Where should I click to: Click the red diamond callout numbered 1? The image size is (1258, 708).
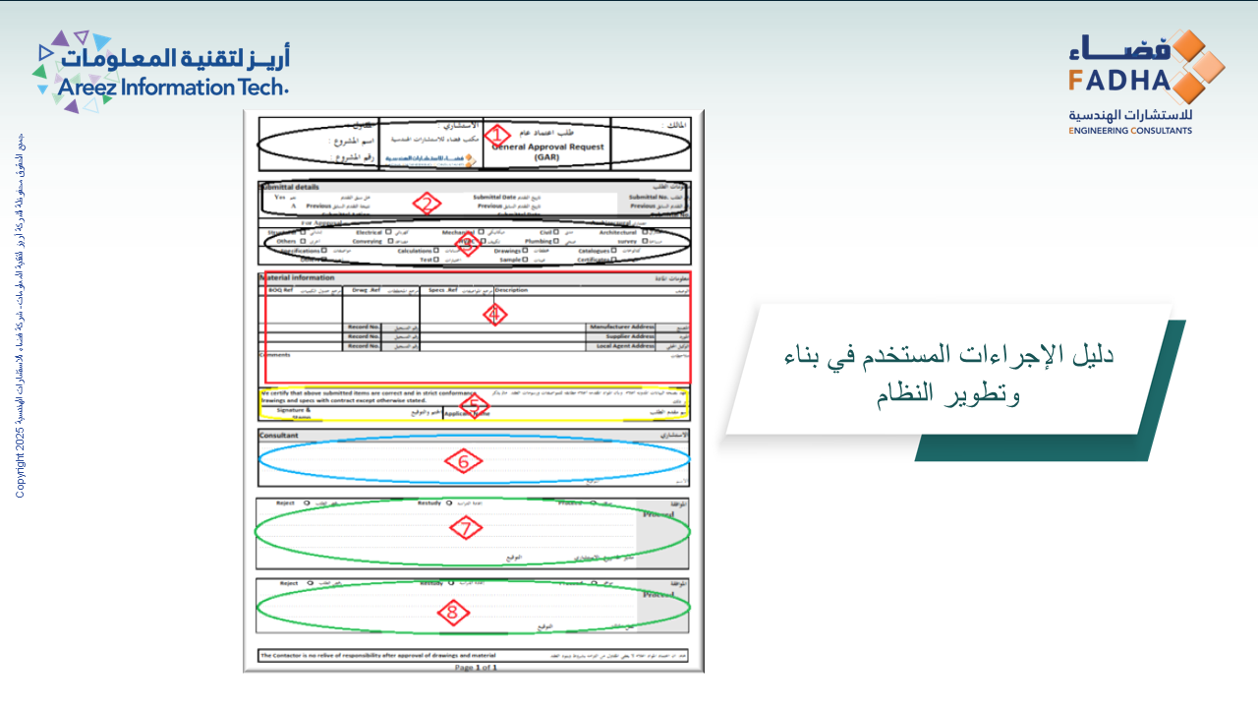[497, 136]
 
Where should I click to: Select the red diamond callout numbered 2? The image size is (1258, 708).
[426, 204]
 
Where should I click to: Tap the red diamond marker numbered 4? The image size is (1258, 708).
[495, 314]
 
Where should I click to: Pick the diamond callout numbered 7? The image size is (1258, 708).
[466, 528]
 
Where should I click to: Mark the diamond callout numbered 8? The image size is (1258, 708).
[452, 613]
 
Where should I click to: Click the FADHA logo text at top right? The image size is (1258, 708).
[1119, 80]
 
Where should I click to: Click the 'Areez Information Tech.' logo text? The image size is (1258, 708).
[173, 88]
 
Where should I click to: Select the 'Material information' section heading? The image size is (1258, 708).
[298, 278]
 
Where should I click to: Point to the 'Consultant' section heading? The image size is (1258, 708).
[278, 435]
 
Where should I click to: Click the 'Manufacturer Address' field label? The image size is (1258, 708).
[620, 326]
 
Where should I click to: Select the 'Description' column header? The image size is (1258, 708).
[511, 290]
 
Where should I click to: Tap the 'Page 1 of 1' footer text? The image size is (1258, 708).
[476, 667]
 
